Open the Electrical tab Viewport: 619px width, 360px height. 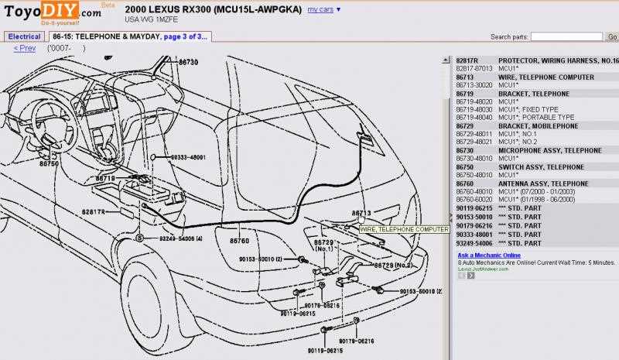[x=24, y=36]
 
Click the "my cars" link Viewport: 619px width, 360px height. [x=321, y=9]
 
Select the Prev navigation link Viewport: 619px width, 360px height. [x=25, y=48]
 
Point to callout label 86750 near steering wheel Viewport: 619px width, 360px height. [x=49, y=164]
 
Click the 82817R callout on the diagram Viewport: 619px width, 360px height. [x=93, y=211]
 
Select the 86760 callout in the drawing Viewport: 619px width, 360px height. [x=239, y=241]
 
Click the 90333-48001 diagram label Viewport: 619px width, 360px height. [x=188, y=157]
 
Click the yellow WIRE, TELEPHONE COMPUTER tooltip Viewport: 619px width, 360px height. [x=404, y=230]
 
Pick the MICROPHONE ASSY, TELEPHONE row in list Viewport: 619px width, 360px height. [x=539, y=150]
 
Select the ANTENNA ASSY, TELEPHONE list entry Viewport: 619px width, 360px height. [x=543, y=183]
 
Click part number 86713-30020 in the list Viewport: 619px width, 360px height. [x=474, y=85]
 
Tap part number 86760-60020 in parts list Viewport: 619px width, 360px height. [x=474, y=200]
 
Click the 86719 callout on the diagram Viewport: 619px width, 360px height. [x=104, y=179]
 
